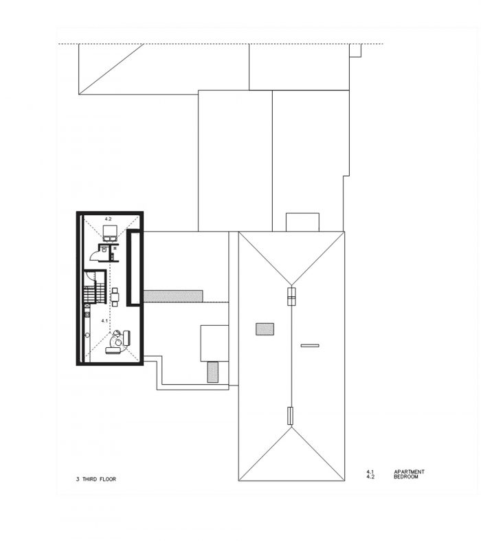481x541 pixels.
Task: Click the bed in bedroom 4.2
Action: [x=111, y=232]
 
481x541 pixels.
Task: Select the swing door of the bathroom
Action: [x=95, y=255]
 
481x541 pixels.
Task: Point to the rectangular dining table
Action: [x=115, y=297]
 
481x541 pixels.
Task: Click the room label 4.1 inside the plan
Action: [x=104, y=320]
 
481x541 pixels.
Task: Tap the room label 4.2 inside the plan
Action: [x=108, y=219]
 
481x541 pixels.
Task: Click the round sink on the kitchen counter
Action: [x=87, y=335]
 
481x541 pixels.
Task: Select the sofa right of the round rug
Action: [x=126, y=338]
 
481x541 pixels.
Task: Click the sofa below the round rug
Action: [x=113, y=351]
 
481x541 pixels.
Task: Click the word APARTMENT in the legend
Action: [x=409, y=472]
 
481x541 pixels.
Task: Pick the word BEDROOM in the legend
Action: [x=406, y=476]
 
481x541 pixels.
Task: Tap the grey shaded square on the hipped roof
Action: [x=265, y=329]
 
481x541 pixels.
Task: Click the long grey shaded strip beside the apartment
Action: [x=172, y=296]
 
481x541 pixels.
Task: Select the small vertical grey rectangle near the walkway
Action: [x=213, y=372]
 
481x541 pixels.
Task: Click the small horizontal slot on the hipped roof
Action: [x=310, y=345]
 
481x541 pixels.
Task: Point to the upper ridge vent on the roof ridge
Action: [x=292, y=296]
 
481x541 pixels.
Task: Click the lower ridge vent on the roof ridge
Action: [x=291, y=416]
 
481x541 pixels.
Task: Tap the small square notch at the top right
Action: [x=355, y=50]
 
